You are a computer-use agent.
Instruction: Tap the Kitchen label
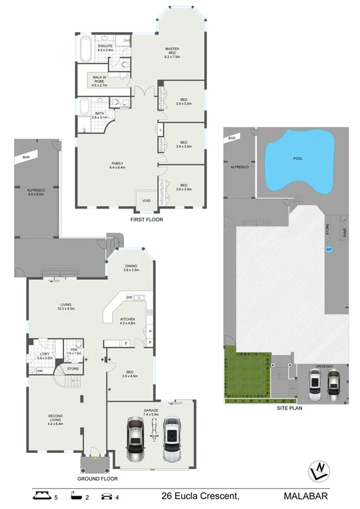(128, 321)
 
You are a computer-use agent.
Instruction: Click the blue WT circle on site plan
(328, 250)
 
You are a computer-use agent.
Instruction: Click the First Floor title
(147, 219)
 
